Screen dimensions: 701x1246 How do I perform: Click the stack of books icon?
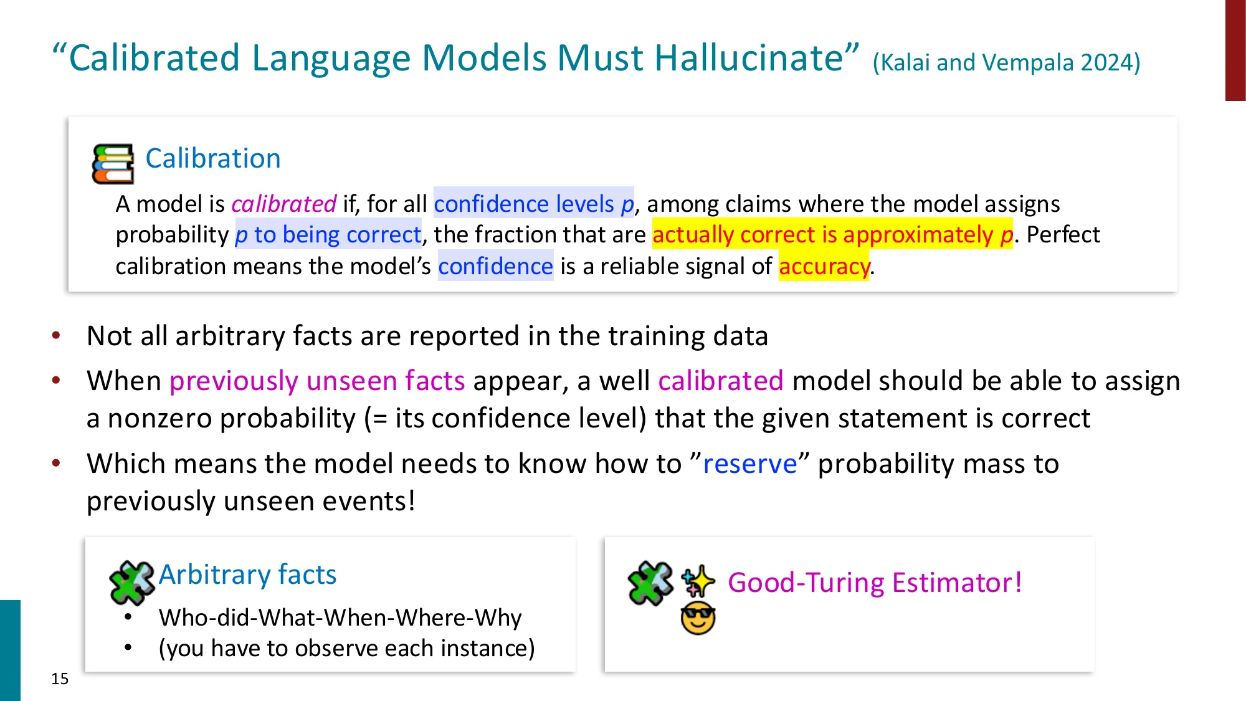pos(113,164)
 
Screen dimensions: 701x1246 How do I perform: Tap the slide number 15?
pos(60,679)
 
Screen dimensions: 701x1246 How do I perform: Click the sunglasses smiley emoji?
pos(698,618)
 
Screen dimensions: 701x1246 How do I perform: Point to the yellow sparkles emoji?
pos(698,581)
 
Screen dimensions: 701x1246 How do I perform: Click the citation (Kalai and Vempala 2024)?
pos(1006,63)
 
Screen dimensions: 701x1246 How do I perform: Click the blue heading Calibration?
pos(213,158)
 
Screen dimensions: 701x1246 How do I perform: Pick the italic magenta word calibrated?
pos(283,204)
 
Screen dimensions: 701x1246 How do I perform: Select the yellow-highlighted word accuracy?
pos(824,267)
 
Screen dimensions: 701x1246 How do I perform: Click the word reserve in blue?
pos(750,464)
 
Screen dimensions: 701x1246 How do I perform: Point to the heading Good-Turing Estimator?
pos(875,583)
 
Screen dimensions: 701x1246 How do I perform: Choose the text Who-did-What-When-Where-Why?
pos(340,618)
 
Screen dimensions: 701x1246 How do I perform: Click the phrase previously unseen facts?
pos(317,381)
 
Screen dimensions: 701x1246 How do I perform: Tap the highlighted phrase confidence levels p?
pos(533,204)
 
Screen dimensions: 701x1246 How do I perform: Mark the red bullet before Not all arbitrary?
pos(56,336)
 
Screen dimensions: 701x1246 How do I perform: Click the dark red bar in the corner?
pos(1235,50)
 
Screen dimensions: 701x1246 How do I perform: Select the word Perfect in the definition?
pos(1063,235)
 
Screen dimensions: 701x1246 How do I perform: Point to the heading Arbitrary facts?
pos(247,575)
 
